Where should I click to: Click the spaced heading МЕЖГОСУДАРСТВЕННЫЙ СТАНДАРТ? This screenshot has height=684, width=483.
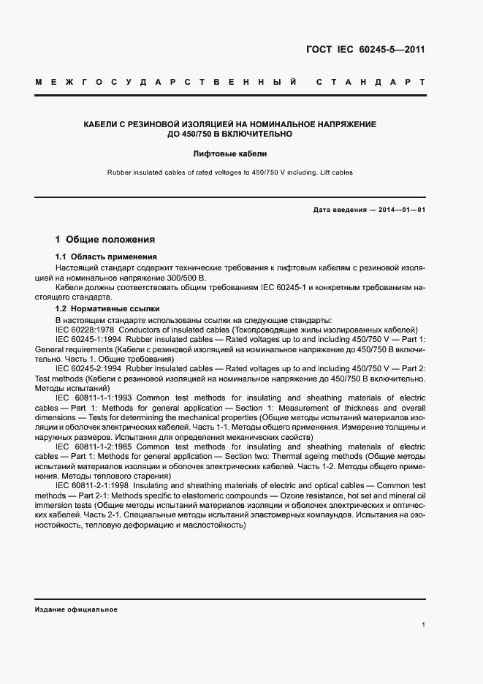(230, 82)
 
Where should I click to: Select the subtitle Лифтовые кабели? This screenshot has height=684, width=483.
(230, 154)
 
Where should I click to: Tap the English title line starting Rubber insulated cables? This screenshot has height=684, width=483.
(230, 173)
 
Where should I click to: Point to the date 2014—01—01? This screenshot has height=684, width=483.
(401, 210)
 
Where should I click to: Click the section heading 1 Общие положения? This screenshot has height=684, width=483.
(105, 240)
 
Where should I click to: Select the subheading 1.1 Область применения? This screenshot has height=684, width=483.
(107, 257)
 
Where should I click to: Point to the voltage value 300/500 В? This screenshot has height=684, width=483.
(189, 278)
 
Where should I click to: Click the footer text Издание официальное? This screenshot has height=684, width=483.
(76, 609)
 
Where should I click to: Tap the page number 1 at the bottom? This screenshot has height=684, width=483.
(424, 625)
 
